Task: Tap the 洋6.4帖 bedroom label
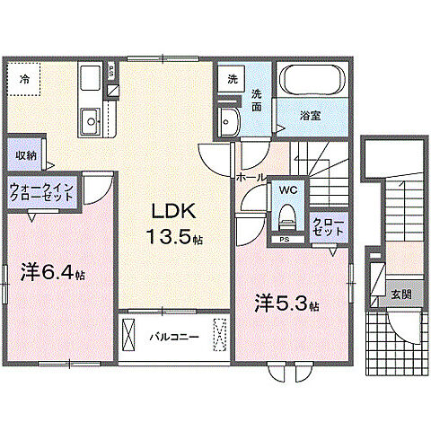(x=51, y=270)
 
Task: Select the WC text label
(x=287, y=191)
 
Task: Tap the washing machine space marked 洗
(x=232, y=79)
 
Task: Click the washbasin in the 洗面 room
(x=228, y=119)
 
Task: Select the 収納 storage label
(x=25, y=154)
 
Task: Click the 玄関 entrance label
(x=400, y=294)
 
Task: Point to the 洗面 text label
(x=257, y=100)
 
